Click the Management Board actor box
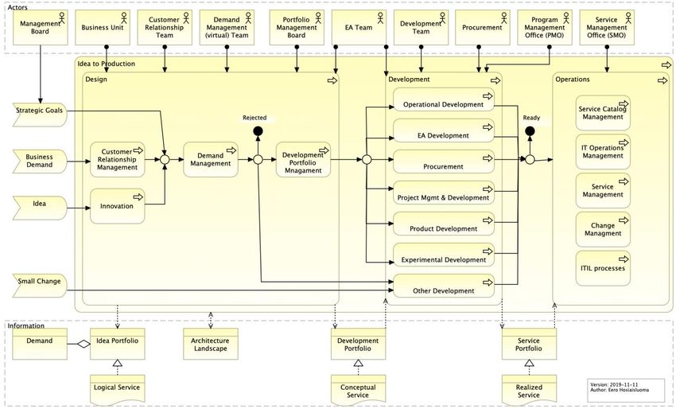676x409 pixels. click(x=40, y=28)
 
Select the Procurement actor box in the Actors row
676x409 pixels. click(x=483, y=28)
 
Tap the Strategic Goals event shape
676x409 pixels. click(x=40, y=115)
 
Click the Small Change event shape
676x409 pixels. click(x=40, y=286)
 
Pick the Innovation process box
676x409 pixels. click(x=117, y=206)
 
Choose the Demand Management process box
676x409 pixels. click(x=211, y=160)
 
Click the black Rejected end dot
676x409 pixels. click(x=258, y=131)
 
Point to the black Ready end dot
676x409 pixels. click(x=530, y=131)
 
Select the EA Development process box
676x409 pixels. click(x=444, y=130)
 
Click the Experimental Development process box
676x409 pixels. click(x=444, y=255)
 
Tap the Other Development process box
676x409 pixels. click(x=444, y=286)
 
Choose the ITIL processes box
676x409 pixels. click(x=603, y=268)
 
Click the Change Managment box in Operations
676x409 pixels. click(x=603, y=229)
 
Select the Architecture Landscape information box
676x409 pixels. click(x=211, y=344)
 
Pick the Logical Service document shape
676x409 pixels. click(x=117, y=390)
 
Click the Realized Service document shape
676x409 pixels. click(x=529, y=390)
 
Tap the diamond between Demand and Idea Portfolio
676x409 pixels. click(x=84, y=344)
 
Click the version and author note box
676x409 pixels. click(x=627, y=388)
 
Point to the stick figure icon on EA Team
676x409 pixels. click(x=380, y=18)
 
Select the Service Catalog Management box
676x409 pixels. click(x=603, y=113)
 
